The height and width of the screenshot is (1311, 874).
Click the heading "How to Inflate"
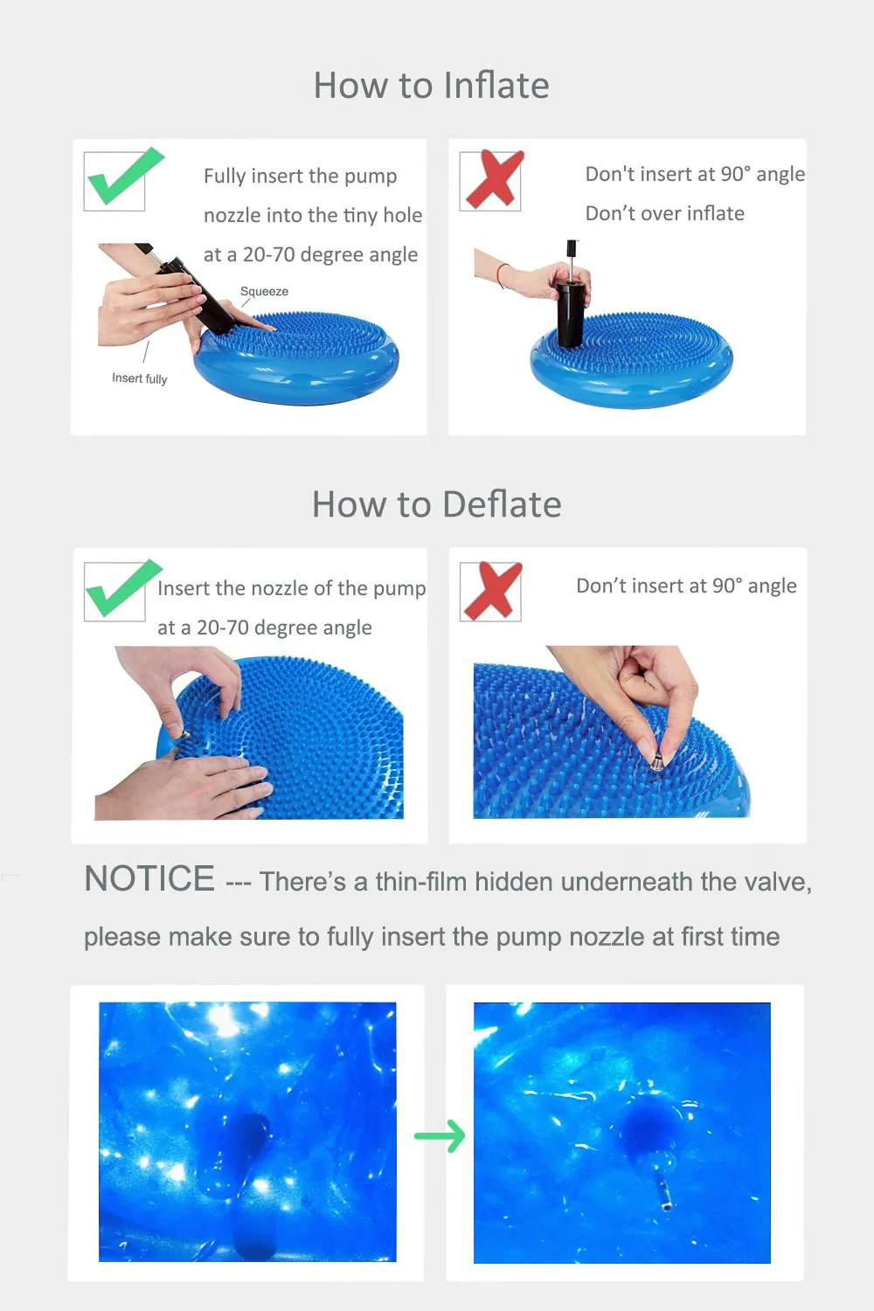click(x=432, y=86)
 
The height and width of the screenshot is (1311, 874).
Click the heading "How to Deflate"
click(x=437, y=504)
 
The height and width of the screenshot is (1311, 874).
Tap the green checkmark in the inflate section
click(x=123, y=177)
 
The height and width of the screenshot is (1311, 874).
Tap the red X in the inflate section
click(x=494, y=179)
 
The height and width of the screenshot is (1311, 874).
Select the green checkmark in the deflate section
click(x=122, y=588)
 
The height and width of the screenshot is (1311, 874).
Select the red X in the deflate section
click(x=492, y=591)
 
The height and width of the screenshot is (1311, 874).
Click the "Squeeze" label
click(x=264, y=291)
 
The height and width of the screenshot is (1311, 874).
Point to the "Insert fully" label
click(x=139, y=378)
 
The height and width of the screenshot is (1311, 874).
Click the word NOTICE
click(x=149, y=878)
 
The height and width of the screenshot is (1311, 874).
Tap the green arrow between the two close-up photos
click(x=440, y=1136)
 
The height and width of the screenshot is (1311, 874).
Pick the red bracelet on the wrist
click(x=502, y=275)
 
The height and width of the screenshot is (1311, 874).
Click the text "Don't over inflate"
click(x=665, y=213)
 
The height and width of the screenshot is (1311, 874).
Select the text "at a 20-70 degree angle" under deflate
click(x=265, y=628)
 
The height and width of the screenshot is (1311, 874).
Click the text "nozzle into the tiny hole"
click(x=313, y=215)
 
